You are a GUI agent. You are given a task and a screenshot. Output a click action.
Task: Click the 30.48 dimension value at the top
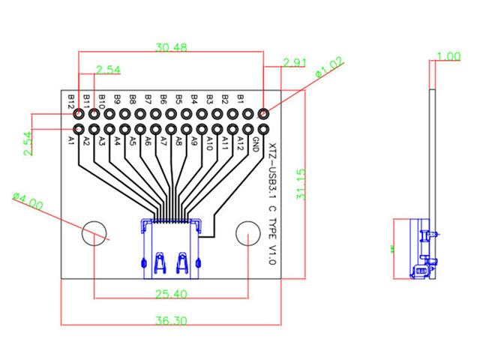pos(171,47)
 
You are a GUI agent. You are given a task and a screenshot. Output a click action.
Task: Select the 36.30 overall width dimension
pos(171,320)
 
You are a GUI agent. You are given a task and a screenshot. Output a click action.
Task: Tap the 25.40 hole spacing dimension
pos(171,293)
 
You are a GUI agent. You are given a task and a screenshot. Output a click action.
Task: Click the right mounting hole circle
pos(248,234)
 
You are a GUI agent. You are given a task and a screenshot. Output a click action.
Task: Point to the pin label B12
pos(71,100)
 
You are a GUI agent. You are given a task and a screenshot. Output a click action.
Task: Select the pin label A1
pos(71,139)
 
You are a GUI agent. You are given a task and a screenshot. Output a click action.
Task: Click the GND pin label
pos(256,142)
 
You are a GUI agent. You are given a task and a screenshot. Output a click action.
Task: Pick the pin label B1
pos(241,98)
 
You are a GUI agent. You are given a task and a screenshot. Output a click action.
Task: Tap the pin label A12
pos(241,142)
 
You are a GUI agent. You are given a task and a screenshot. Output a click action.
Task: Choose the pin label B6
pos(163,99)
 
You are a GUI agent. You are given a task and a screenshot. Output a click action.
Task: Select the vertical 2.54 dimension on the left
pos(28,143)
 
